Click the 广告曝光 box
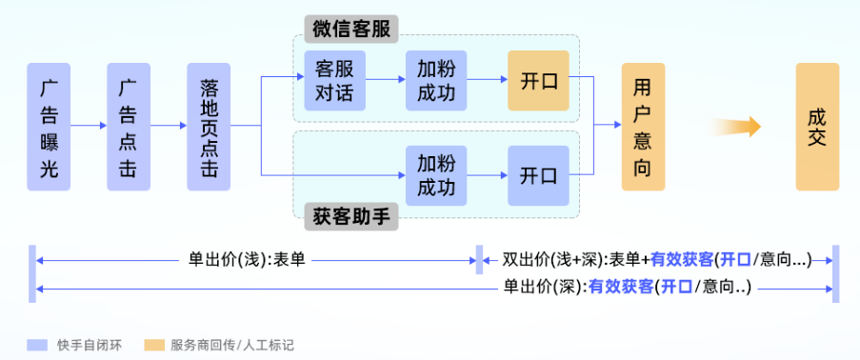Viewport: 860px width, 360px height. click(x=49, y=127)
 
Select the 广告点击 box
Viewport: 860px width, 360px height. click(x=129, y=127)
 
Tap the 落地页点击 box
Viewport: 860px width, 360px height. click(x=209, y=127)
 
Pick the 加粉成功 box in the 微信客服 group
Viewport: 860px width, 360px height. click(x=435, y=81)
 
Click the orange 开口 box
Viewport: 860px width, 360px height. click(x=538, y=81)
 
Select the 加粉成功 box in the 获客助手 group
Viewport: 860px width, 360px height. click(x=435, y=175)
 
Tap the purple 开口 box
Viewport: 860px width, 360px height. click(x=538, y=175)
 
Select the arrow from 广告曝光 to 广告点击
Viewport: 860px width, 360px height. click(x=89, y=126)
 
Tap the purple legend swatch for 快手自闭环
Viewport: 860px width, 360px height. click(x=37, y=344)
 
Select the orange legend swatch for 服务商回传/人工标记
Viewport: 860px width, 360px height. click(x=153, y=344)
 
